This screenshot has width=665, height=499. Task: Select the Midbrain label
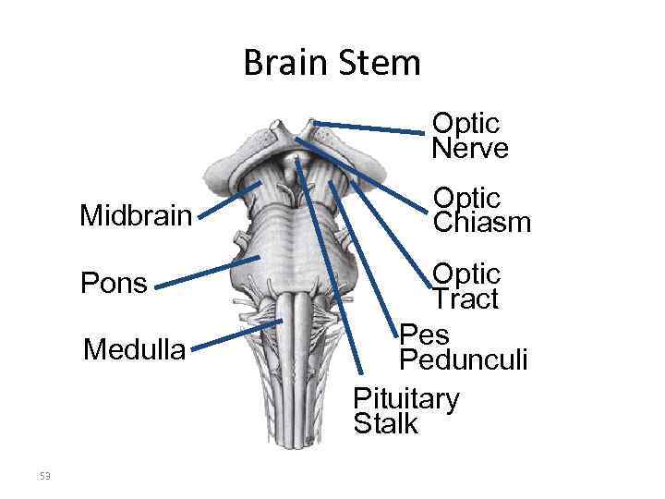click(x=135, y=216)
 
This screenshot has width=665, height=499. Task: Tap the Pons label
click(x=114, y=282)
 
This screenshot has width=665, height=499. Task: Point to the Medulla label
click(x=134, y=350)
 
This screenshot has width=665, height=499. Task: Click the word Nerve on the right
click(x=469, y=149)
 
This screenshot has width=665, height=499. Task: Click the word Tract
click(x=465, y=298)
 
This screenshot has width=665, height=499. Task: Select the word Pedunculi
click(x=463, y=359)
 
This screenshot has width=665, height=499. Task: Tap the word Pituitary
click(x=406, y=398)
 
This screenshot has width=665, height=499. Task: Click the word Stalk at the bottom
click(x=385, y=424)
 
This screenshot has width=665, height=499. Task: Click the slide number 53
click(x=44, y=476)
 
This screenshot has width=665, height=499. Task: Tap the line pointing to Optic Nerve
click(x=369, y=128)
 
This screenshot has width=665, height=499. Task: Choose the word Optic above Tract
click(x=467, y=274)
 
